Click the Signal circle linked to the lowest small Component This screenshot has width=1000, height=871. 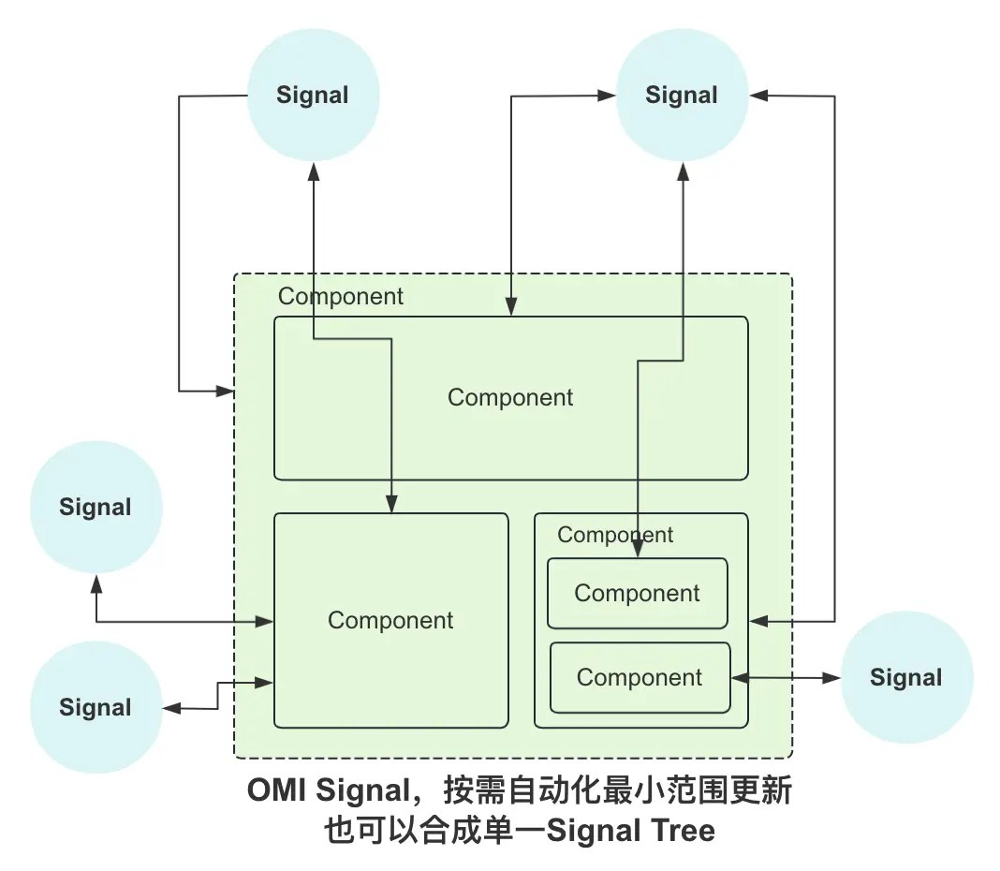click(905, 678)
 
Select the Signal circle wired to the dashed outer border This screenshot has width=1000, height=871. click(313, 95)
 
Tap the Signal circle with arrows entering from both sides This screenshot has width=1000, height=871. click(682, 95)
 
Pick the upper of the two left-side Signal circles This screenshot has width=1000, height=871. click(96, 507)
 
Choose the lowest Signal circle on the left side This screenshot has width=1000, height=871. click(96, 707)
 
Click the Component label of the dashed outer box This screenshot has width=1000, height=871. click(341, 297)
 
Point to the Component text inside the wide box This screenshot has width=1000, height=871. click(510, 397)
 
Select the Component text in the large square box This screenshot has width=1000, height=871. click(390, 620)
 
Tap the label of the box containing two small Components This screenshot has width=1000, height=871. click(615, 535)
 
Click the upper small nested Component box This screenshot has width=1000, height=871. click(637, 594)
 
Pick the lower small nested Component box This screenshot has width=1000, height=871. click(640, 678)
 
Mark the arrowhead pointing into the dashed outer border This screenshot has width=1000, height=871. click(226, 391)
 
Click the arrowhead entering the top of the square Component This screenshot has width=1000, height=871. click(391, 506)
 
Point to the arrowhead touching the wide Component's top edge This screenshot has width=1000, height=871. click(511, 308)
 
